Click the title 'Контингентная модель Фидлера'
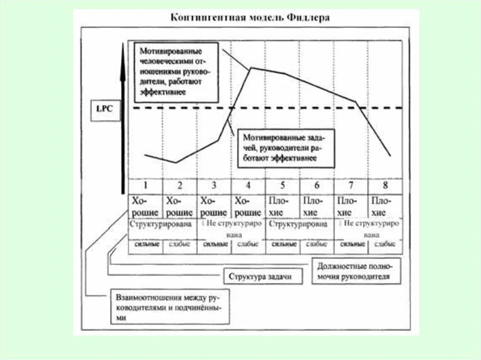pyautogui.click(x=249, y=18)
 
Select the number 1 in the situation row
pyautogui.click(x=145, y=185)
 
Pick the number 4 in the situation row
pyautogui.click(x=248, y=185)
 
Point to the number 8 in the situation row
pyautogui.click(x=385, y=185)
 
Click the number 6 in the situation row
pyautogui.click(x=317, y=185)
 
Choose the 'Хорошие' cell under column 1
pyautogui.click(x=145, y=207)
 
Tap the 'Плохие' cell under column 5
pyautogui.click(x=282, y=207)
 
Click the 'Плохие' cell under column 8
pyautogui.click(x=385, y=207)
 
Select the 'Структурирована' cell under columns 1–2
pyautogui.click(x=162, y=224)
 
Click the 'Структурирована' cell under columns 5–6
pyautogui.click(x=299, y=224)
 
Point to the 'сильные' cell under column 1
pyautogui.click(x=146, y=245)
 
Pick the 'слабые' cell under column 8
pyautogui.click(x=385, y=245)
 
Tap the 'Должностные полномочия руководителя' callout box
pyautogui.click(x=357, y=271)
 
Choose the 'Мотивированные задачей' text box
pyautogui.click(x=285, y=148)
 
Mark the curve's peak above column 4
pyautogui.click(x=251, y=68)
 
